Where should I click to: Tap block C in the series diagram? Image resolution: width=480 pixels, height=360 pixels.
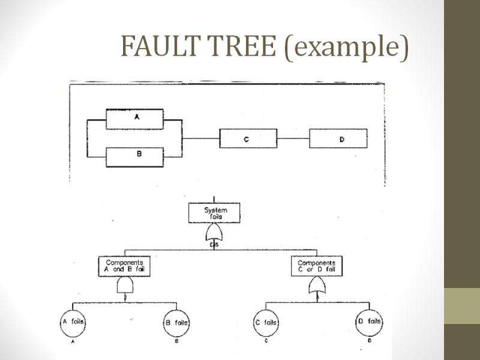click(248, 139)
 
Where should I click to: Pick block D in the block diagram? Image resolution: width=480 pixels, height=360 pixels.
click(338, 139)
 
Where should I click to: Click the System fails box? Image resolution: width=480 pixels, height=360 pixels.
click(216, 213)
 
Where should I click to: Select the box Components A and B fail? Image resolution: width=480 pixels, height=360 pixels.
click(123, 266)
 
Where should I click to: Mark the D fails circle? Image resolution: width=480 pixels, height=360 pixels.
click(368, 322)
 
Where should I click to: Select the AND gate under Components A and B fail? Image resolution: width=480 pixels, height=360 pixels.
click(124, 285)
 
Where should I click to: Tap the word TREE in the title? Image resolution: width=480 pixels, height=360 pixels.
click(241, 46)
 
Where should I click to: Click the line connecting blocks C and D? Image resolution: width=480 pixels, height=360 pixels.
click(293, 139)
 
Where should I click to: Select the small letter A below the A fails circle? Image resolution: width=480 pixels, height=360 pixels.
click(72, 343)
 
